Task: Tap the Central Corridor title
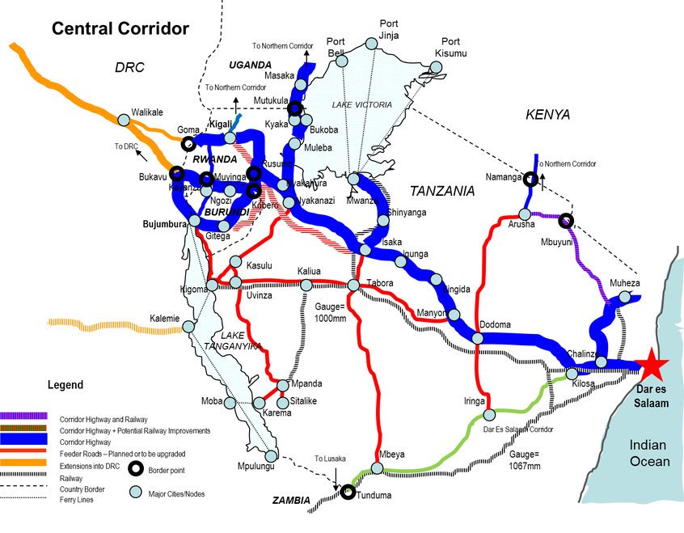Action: click(120, 29)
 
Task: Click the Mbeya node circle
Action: click(376, 468)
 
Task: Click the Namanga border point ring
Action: click(530, 180)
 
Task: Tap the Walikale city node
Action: click(124, 119)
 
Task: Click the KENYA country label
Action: click(547, 115)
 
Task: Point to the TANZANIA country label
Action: click(441, 192)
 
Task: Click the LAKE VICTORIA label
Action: click(361, 105)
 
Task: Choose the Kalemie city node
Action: click(188, 327)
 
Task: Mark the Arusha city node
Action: click(525, 215)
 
